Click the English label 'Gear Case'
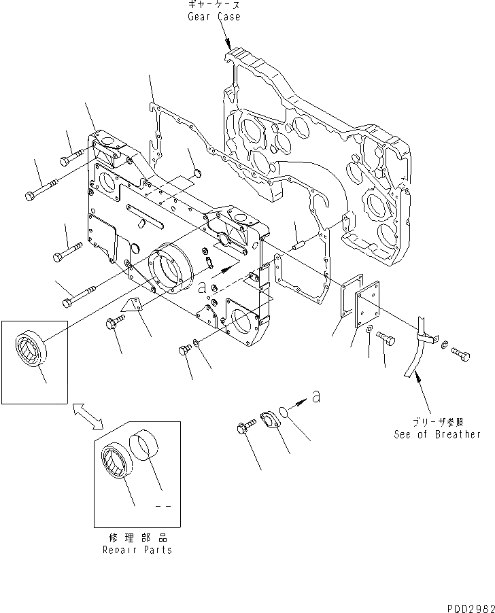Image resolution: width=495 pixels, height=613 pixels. (x=214, y=16)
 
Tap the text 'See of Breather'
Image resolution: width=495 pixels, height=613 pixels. (x=437, y=434)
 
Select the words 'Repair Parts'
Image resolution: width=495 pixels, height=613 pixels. (x=137, y=550)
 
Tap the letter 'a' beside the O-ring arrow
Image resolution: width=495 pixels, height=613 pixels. (x=316, y=397)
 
